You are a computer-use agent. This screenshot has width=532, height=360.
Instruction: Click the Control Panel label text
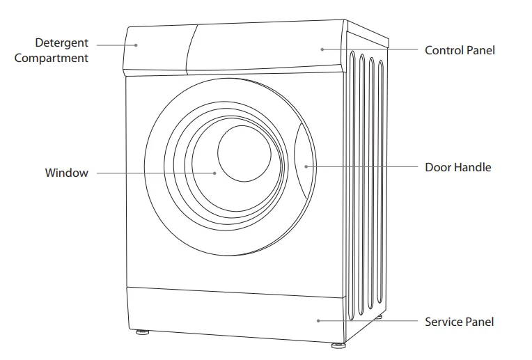coord(460,50)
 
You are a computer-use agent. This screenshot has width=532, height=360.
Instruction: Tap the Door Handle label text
coord(457,167)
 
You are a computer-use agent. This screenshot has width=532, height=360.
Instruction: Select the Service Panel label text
coord(459,322)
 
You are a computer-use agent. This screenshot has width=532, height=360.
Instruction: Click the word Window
coord(67,173)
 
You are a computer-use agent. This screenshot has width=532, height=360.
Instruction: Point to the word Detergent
coord(61,44)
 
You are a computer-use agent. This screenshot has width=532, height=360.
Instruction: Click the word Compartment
coord(52,58)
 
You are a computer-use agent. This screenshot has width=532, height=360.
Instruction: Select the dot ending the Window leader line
coord(215,173)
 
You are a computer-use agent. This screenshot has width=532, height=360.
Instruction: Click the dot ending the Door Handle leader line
coord(307,167)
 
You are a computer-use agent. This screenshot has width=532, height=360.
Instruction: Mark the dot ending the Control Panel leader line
coord(322,49)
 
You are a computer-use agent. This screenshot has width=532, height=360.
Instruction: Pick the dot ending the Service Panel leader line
coord(318,321)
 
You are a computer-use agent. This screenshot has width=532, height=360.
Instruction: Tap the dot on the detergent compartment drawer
coord(137,45)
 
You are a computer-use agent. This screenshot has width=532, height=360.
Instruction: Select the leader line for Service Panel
coord(369,321)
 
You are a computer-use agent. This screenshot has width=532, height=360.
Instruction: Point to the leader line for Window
coord(153,173)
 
